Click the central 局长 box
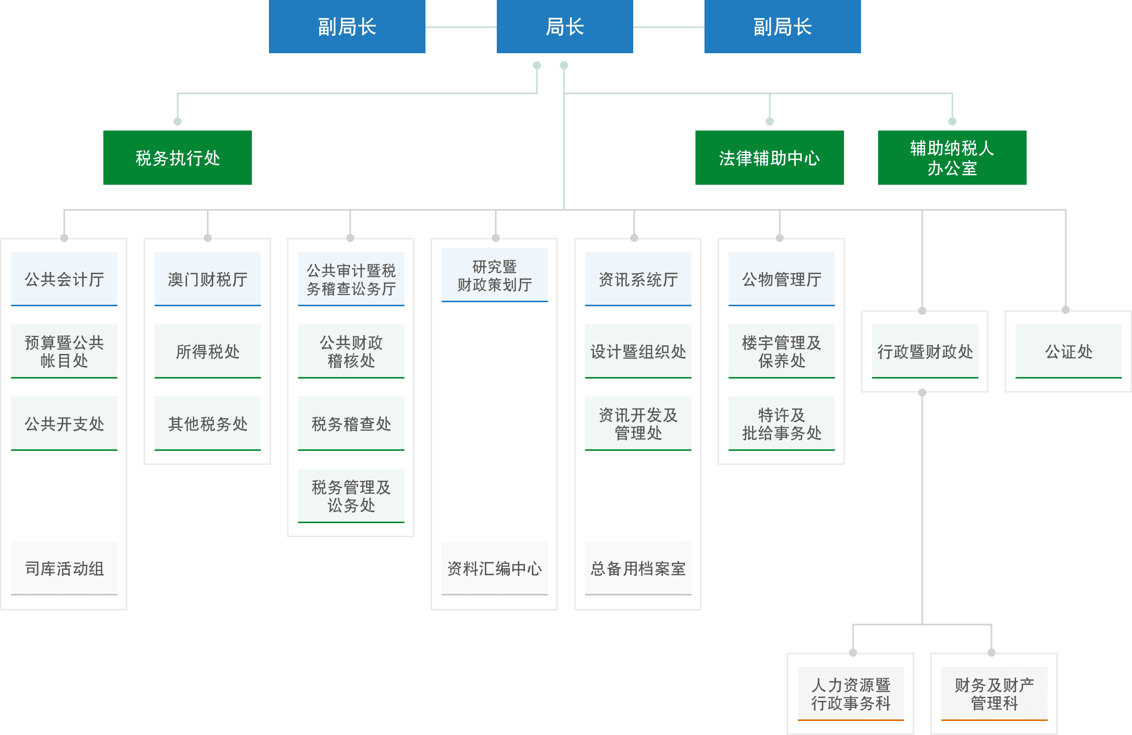pos(564,27)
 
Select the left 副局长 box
pos(347,27)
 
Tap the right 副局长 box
pos(782,27)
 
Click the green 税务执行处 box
pos(177,158)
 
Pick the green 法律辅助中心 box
pos(769,158)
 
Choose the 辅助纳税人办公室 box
pos(952,158)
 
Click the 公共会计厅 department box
pos(64,279)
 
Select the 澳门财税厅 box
pos(208,279)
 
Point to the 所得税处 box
pos(208,351)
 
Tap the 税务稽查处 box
pos(351,424)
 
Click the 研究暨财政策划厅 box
pos(494,275)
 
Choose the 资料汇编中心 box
pos(494,568)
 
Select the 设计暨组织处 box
pos(638,351)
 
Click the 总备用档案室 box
pos(638,568)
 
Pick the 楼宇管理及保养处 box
pos(781,351)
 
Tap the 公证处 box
pos(1068,351)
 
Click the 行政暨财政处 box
pos(925,351)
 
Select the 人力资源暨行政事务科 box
pos(851,694)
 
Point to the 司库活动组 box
pos(64,568)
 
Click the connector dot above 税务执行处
pos(177,121)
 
